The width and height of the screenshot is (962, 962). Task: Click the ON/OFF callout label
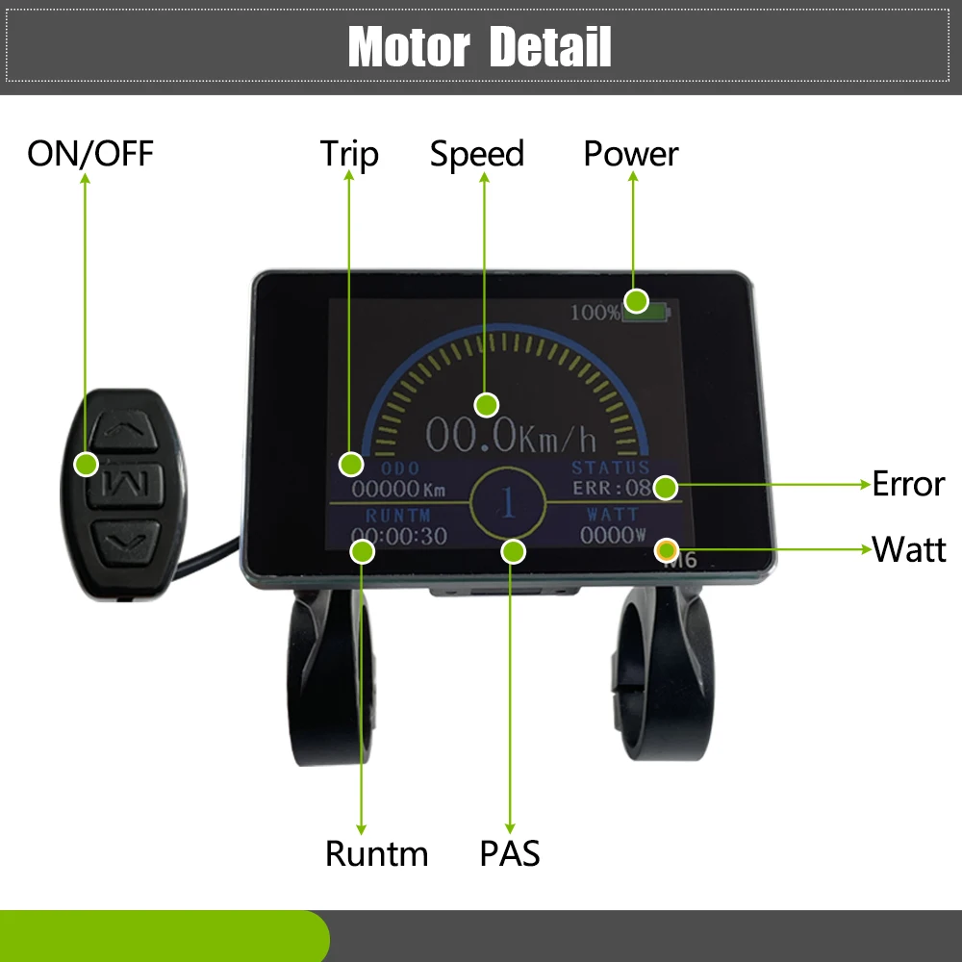[x=89, y=154]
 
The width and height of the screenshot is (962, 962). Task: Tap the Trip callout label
[x=349, y=154]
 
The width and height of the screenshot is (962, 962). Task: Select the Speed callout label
[x=477, y=154]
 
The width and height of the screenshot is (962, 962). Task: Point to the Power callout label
[x=631, y=154]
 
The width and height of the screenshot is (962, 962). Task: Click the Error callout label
[x=908, y=484]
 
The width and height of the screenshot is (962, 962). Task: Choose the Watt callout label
[x=909, y=549]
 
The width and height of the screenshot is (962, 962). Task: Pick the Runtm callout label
[x=376, y=853]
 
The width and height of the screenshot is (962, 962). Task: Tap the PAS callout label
[x=510, y=853]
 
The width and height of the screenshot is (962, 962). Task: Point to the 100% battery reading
[x=595, y=313]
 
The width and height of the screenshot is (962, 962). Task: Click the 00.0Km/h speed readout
[x=511, y=437]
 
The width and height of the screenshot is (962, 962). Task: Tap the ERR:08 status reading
[x=611, y=488]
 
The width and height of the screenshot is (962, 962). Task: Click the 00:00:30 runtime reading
[x=398, y=537]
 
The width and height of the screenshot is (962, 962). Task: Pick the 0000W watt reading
[x=611, y=537]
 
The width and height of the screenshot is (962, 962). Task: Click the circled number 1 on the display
[x=507, y=501]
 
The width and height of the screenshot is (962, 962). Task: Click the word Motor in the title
[x=408, y=47]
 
